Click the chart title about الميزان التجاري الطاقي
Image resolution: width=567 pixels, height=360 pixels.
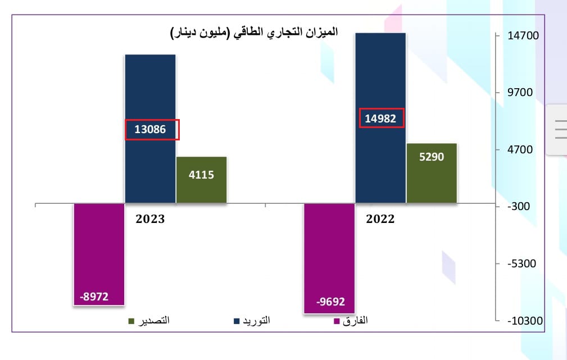coord(254,33)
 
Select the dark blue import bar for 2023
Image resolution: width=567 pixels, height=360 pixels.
coord(150,90)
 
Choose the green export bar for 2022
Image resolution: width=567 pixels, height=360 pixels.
coord(432,180)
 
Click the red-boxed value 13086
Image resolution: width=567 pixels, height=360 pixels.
coord(151,130)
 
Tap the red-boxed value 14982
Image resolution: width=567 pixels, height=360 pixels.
coord(380,119)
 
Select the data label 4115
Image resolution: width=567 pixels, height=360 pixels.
coord(201,174)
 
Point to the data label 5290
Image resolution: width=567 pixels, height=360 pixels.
coord(432,157)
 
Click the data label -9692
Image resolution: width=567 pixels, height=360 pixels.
coord(330,302)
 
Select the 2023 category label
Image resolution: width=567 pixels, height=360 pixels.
coord(150,219)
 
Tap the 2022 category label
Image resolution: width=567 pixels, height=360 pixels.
coord(380,219)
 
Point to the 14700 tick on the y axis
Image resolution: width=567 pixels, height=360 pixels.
coord(523,36)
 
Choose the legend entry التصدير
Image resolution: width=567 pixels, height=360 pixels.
coord(149,321)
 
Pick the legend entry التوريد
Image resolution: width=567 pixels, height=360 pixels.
coord(252,321)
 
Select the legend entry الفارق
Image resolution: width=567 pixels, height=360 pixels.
coord(352,321)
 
